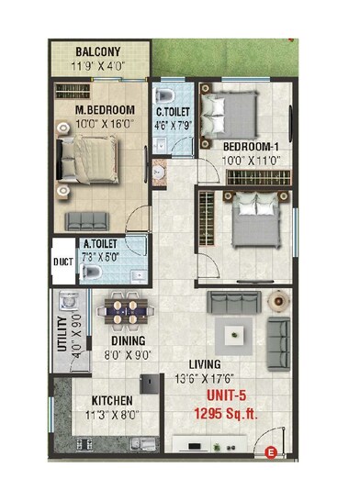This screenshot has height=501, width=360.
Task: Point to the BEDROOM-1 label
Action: pyautogui.click(x=249, y=146)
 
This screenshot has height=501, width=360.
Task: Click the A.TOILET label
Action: pyautogui.click(x=99, y=245)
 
